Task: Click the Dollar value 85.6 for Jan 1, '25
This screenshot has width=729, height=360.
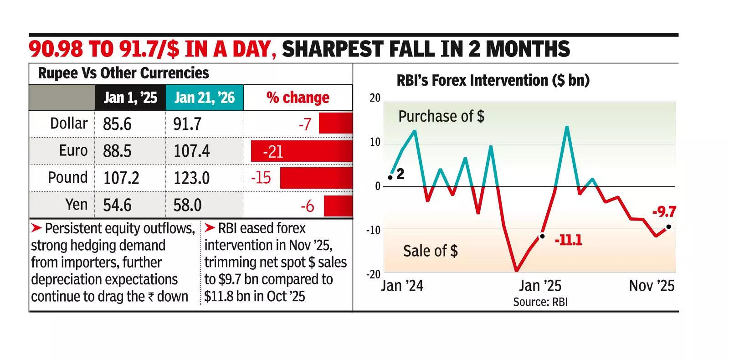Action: click(117, 124)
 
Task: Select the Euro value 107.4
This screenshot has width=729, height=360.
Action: click(191, 151)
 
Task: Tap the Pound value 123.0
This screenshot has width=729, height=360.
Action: click(191, 178)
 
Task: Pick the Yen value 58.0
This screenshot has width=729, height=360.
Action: click(187, 205)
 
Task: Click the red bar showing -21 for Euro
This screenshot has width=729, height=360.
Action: click(301, 152)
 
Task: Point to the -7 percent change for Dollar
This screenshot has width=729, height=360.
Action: click(305, 124)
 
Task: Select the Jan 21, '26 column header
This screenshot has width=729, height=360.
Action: click(204, 98)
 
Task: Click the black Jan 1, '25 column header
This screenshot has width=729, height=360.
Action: click(130, 98)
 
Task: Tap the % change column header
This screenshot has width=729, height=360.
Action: click(298, 98)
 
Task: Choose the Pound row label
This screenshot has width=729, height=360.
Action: click(67, 177)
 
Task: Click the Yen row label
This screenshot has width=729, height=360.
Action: click(76, 205)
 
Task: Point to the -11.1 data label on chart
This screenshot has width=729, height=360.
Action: click(568, 240)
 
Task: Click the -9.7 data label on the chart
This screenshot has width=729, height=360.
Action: click(664, 212)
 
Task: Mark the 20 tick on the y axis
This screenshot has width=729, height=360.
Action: click(375, 98)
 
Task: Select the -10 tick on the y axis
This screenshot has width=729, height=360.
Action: click(373, 230)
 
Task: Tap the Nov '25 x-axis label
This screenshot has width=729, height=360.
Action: click(652, 286)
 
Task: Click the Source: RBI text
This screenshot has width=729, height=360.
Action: click(540, 302)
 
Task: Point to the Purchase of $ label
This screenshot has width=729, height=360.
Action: click(441, 116)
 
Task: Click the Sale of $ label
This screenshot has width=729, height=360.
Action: click(430, 251)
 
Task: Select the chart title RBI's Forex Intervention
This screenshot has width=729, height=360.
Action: click(493, 80)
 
